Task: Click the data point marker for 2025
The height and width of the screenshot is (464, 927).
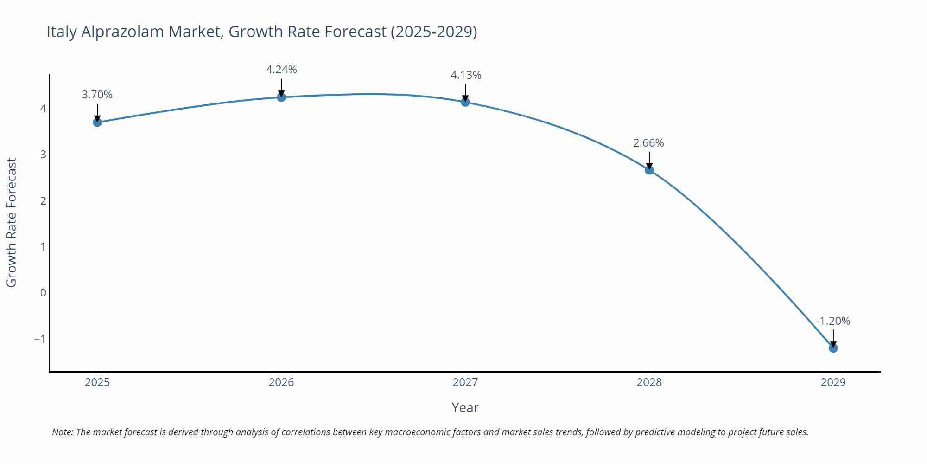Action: (97, 122)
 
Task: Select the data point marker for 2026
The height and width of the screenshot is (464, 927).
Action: (281, 97)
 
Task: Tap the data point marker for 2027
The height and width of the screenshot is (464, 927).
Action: (465, 102)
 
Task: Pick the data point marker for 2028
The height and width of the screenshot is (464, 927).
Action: (649, 170)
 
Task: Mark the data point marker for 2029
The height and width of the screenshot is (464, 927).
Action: (833, 348)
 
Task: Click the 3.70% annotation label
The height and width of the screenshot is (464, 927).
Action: (97, 95)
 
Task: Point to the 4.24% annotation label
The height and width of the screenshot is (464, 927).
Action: (281, 70)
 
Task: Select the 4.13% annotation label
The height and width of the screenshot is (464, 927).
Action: (466, 75)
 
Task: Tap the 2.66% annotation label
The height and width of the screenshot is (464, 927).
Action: (648, 143)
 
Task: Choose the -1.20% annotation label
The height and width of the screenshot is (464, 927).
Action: (833, 321)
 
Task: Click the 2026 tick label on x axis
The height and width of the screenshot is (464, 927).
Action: (281, 382)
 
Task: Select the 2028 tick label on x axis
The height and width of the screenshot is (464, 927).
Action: (649, 382)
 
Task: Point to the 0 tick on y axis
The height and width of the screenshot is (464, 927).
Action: (43, 293)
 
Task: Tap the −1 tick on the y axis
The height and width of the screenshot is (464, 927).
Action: (40, 339)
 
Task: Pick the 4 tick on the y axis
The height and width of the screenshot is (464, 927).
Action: (43, 109)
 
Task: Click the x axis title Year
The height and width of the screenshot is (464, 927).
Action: (465, 407)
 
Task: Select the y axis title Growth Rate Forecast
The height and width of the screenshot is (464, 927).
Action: (11, 222)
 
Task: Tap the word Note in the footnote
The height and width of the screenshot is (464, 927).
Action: (62, 432)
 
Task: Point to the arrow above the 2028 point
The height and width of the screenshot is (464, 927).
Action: (649, 161)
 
